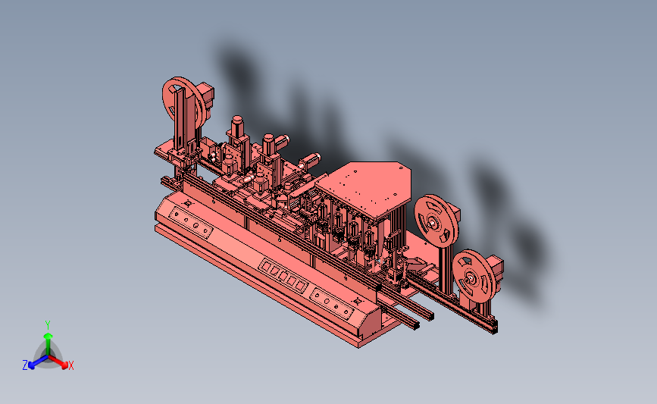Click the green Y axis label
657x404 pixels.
point(48,325)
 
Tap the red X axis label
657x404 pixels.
point(70,365)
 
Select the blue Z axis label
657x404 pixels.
point(25,365)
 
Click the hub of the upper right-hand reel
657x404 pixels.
point(433,224)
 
